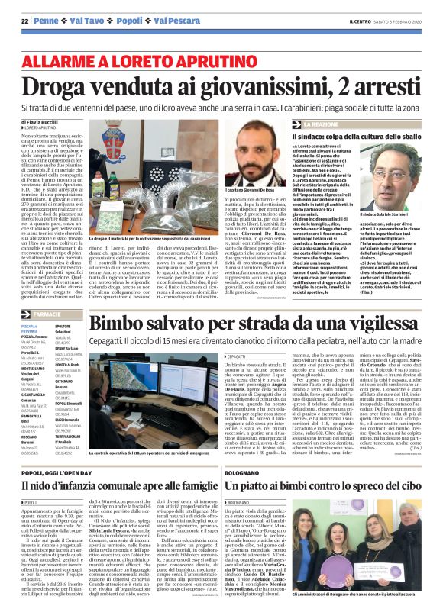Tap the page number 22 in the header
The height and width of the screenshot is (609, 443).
(14, 23)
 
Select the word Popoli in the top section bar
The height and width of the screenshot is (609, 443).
(112, 23)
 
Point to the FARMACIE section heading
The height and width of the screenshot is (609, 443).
(48, 271)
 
